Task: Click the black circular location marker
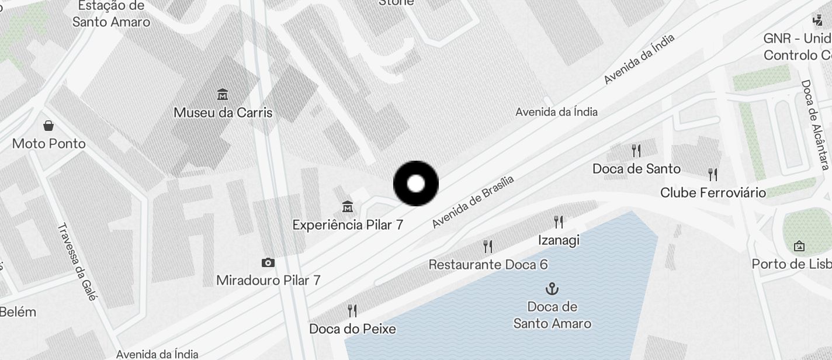(x=415, y=184)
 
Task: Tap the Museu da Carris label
(x=223, y=112)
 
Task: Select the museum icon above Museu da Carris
(x=222, y=94)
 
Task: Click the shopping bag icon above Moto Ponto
(x=48, y=126)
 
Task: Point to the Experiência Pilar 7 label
(x=348, y=224)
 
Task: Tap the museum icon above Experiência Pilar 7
(x=348, y=206)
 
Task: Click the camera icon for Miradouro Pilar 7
(x=268, y=262)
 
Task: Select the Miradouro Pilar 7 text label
(x=268, y=280)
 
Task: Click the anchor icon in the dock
(x=552, y=288)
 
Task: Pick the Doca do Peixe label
(x=352, y=328)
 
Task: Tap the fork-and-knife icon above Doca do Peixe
(x=352, y=310)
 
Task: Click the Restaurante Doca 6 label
(x=488, y=264)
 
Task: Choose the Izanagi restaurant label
(x=559, y=240)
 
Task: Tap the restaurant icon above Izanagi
(x=559, y=221)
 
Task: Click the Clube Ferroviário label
(x=713, y=192)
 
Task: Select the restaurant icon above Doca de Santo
(x=636, y=151)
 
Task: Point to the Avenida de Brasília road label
(x=473, y=202)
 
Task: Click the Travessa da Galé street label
(x=77, y=261)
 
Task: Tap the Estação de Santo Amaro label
(x=111, y=14)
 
